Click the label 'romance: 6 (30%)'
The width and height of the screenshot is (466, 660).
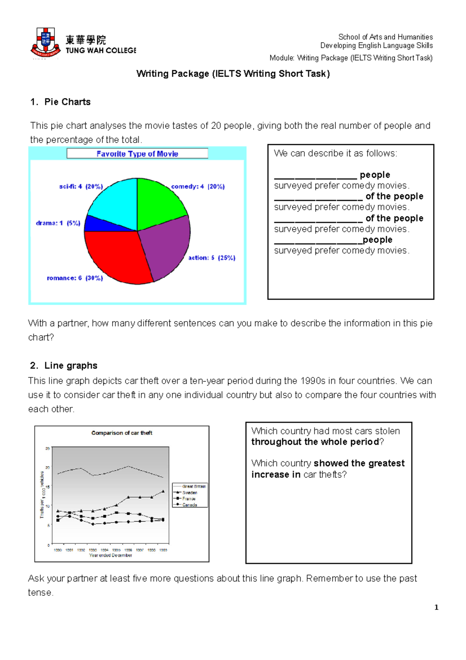(75, 278)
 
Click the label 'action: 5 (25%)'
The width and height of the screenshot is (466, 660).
(212, 258)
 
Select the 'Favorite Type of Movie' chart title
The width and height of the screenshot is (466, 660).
(137, 154)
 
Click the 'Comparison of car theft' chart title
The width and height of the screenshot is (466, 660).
(122, 433)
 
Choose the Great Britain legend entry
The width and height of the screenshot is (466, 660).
(193, 486)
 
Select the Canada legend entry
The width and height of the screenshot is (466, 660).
(190, 505)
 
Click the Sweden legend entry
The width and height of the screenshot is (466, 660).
(190, 492)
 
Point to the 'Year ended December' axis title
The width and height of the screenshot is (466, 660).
(111, 555)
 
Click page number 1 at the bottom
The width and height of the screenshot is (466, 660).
(436, 607)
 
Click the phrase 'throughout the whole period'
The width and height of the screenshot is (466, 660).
(315, 442)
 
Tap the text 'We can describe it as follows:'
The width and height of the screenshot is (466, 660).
(335, 153)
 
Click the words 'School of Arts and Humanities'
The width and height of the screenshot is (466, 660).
(385, 37)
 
